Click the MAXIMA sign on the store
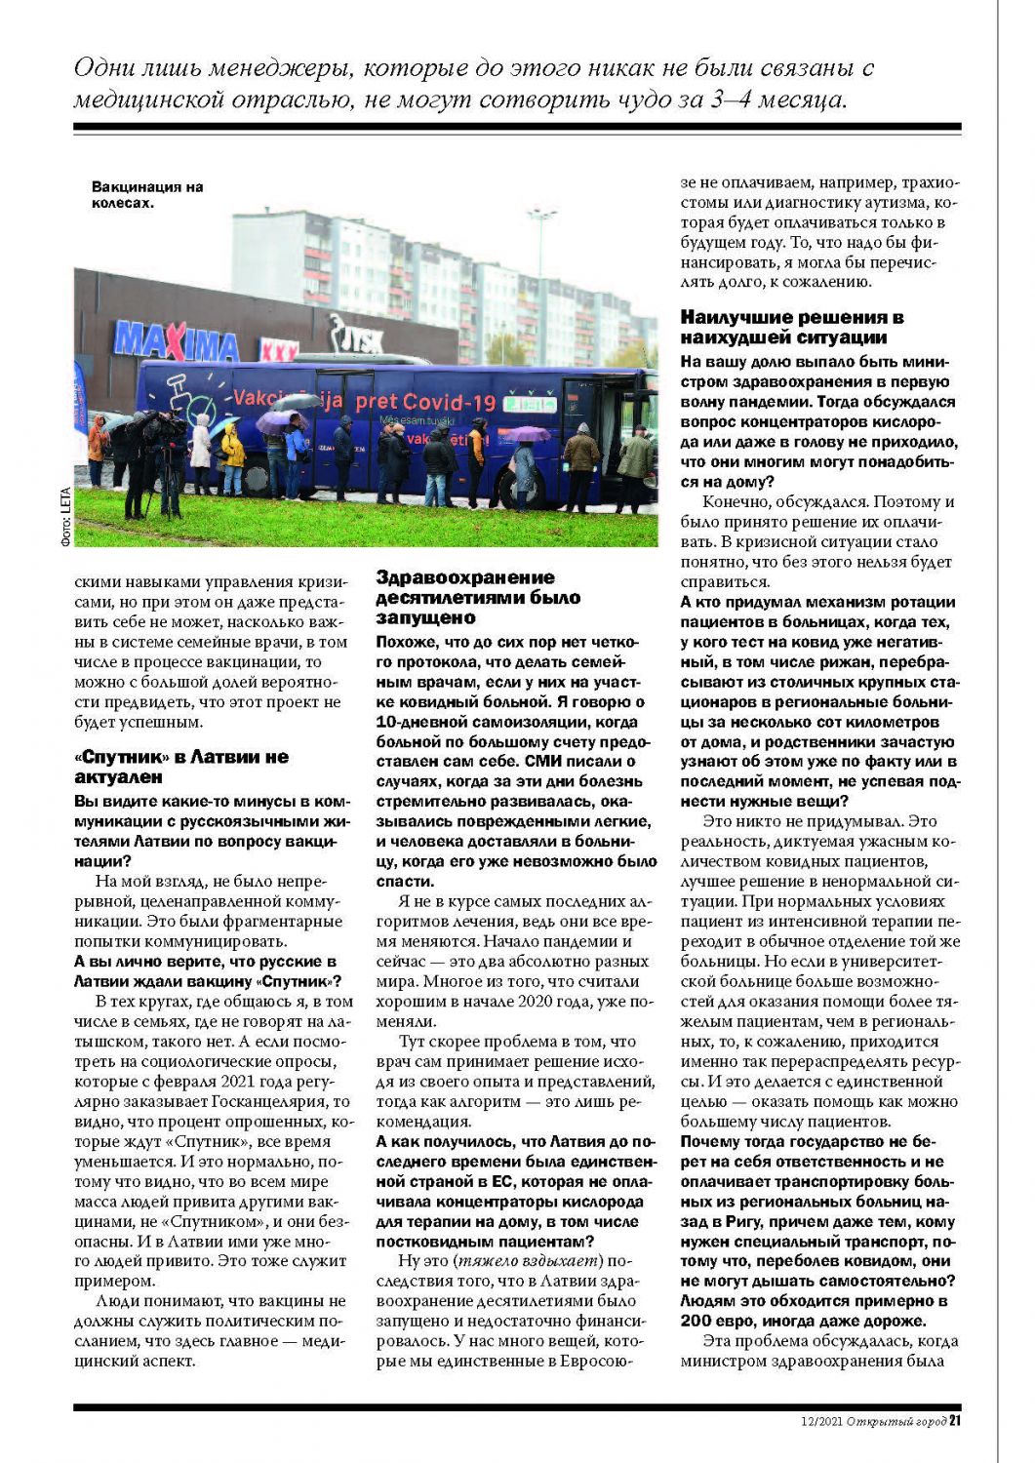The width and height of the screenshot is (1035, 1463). tap(176, 341)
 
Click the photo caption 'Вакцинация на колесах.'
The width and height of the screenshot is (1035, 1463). tap(146, 194)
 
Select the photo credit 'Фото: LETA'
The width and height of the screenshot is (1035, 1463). tap(65, 516)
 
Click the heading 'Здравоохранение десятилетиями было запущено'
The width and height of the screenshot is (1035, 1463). tap(478, 597)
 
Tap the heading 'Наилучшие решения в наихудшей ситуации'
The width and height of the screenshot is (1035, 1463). tap(791, 327)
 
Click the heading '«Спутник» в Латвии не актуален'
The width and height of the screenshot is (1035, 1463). tap(181, 767)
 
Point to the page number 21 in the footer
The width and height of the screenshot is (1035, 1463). tap(955, 1421)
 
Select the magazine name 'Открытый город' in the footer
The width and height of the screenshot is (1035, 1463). tap(896, 1422)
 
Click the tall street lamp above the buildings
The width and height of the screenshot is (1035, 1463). tap(541, 254)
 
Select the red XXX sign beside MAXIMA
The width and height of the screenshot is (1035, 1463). tap(279, 349)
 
